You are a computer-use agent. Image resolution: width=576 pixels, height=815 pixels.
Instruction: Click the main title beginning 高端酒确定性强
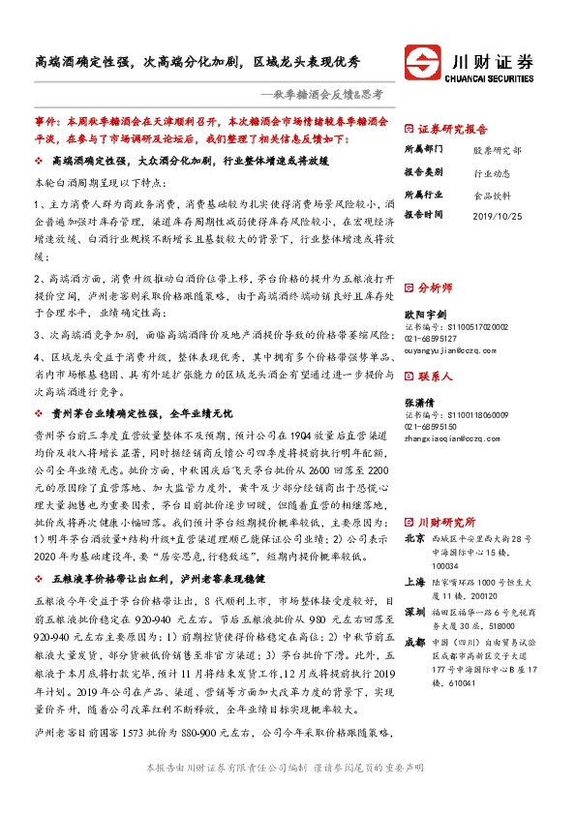198,60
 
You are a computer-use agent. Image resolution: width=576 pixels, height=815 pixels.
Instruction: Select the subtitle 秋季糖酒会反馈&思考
327,94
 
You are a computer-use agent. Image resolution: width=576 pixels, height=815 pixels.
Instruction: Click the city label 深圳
413,587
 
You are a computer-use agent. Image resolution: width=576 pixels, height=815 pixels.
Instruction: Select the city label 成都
413,616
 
